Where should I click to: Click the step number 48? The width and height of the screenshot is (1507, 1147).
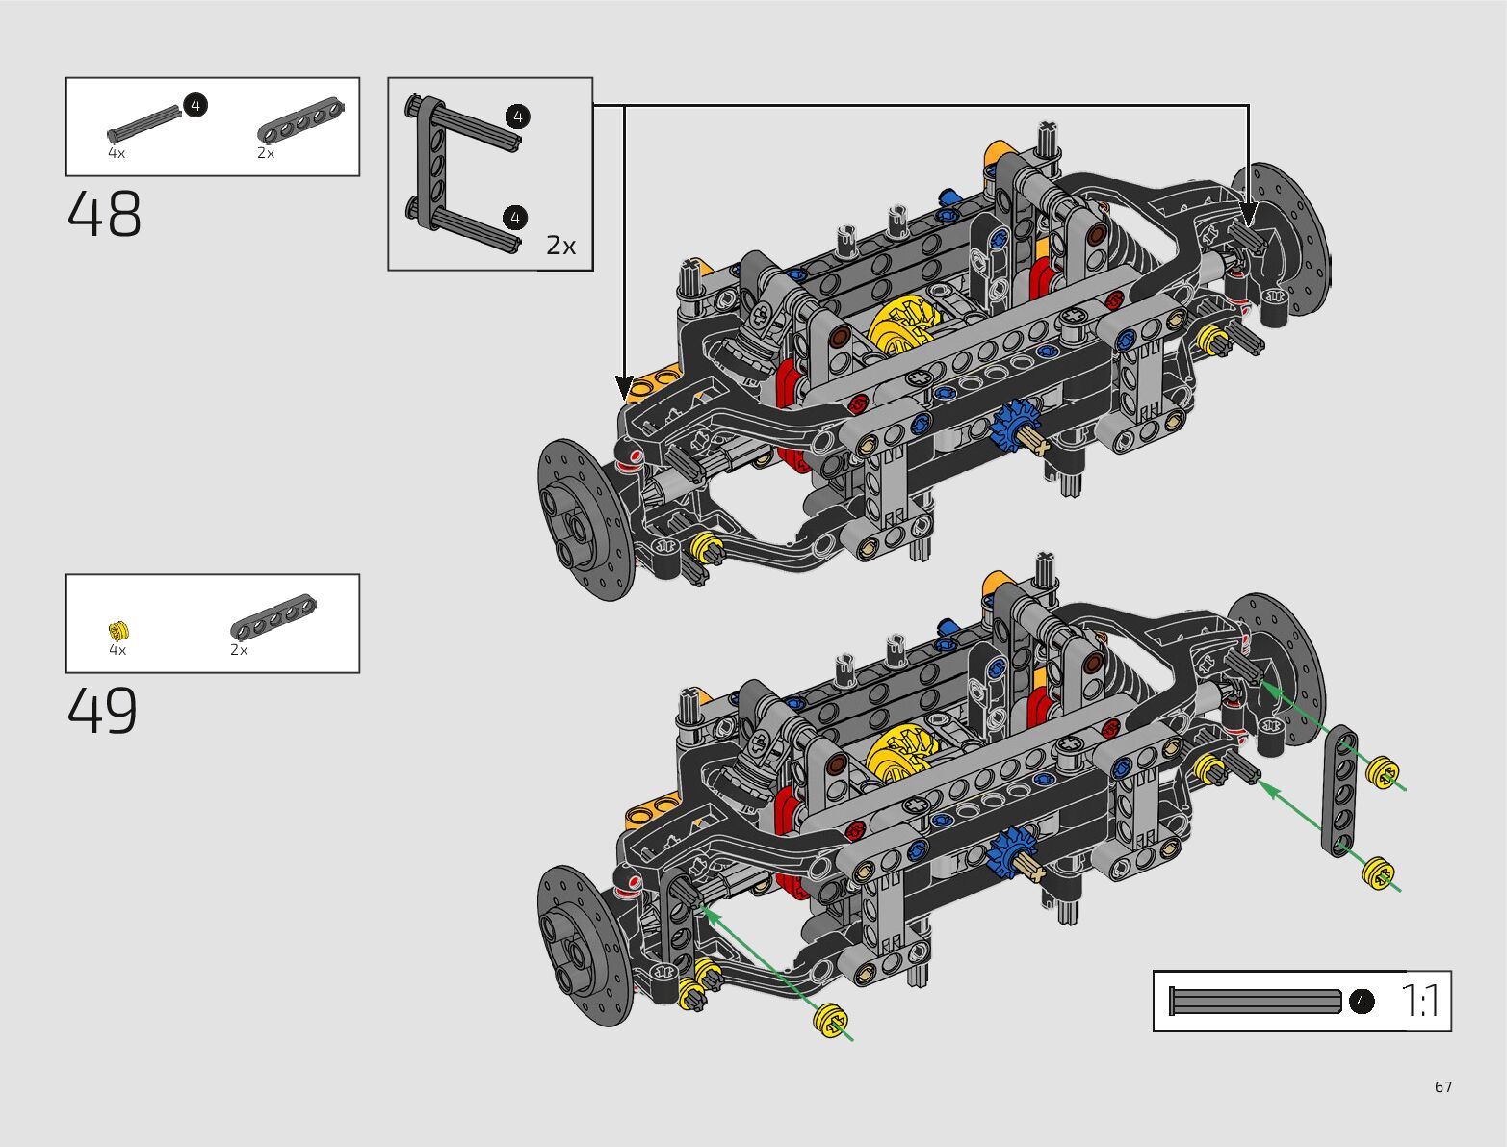point(104,214)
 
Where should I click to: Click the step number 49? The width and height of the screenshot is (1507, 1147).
point(103,711)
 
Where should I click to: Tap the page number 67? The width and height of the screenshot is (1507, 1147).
point(1443,1086)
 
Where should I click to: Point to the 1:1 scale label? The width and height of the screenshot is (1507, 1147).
point(1419,1000)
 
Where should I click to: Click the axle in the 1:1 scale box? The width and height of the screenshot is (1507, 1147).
point(1255,1001)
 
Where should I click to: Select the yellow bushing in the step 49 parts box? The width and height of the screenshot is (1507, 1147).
point(118,630)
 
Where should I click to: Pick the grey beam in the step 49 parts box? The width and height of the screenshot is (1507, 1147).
point(273,615)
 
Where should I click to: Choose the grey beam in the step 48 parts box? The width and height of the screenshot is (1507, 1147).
point(300,119)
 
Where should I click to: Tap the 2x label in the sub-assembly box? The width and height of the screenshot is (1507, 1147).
point(560,245)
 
